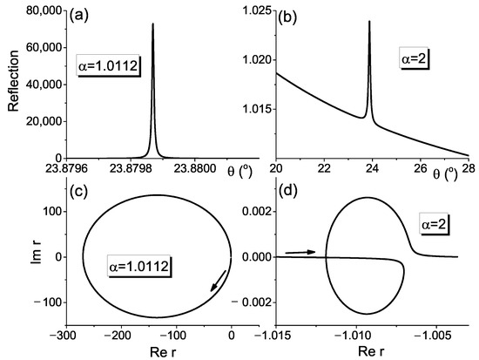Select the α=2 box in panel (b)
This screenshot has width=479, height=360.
(408, 62)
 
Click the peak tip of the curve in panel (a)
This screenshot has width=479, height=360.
(153, 24)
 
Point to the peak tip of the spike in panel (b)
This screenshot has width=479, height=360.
(369, 21)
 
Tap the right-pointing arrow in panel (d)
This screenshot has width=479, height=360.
(300, 251)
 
